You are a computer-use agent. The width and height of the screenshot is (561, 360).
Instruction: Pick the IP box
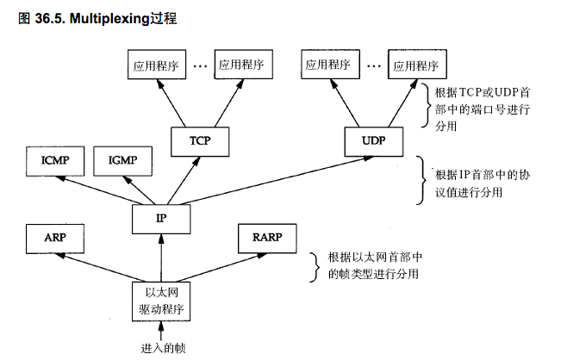159,218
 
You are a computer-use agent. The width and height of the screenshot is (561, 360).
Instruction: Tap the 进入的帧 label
164,348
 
